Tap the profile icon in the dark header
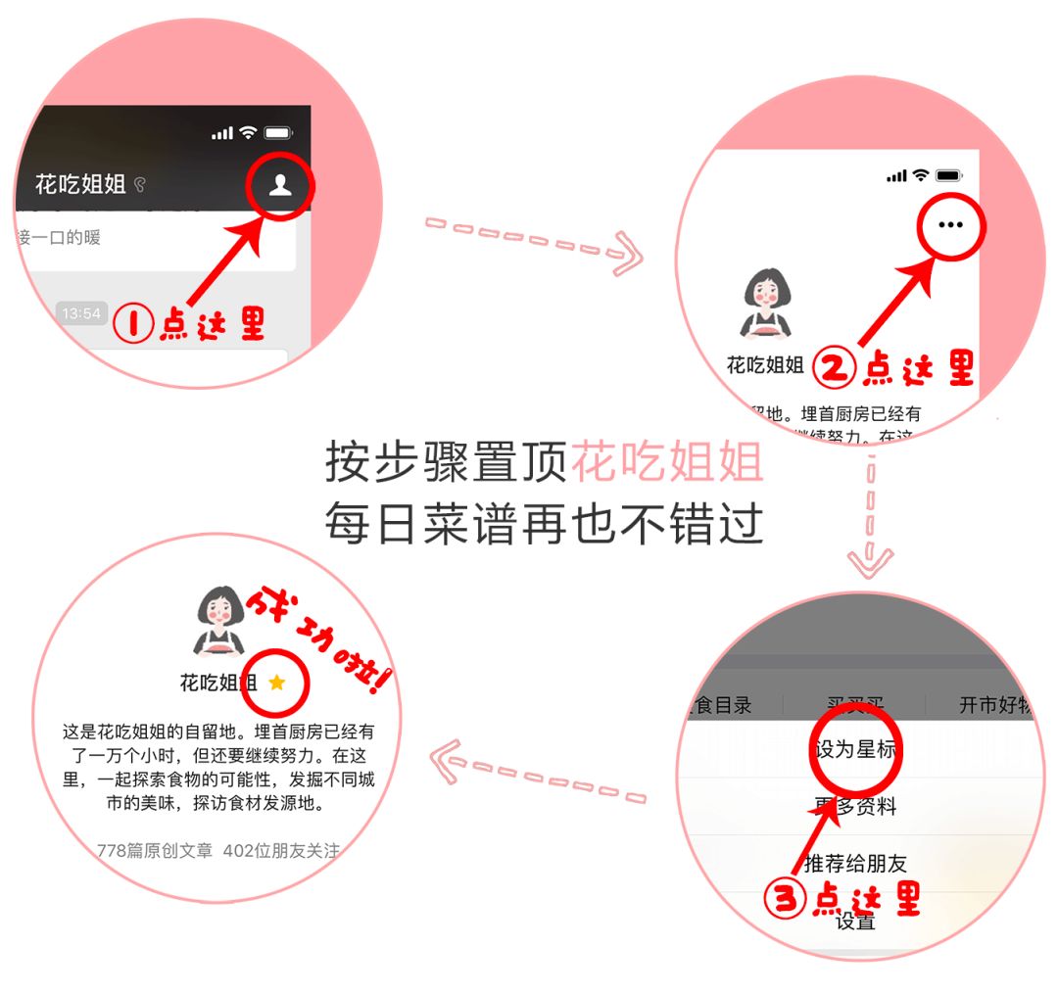[280, 185]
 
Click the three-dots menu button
[950, 224]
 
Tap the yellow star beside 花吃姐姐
[277, 682]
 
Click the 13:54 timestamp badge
[81, 313]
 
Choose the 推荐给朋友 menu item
[855, 863]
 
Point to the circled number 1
[133, 324]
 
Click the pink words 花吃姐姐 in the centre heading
[666, 462]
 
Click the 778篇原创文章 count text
[155, 850]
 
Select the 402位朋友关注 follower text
[281, 850]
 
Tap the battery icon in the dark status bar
[278, 132]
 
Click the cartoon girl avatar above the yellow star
[220, 620]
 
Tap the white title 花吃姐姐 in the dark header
[80, 184]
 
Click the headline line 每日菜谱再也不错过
[544, 525]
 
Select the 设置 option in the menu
[854, 921]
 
